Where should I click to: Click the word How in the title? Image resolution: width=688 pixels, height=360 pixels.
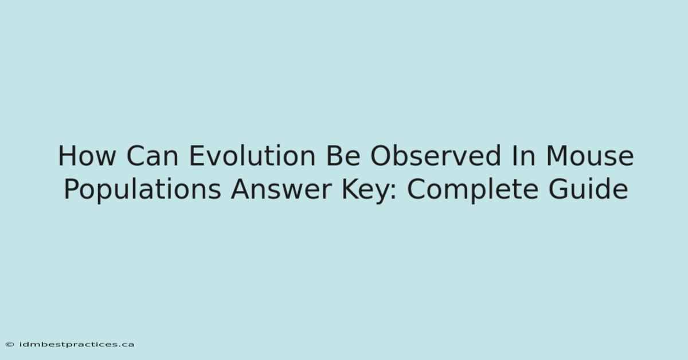(x=87, y=156)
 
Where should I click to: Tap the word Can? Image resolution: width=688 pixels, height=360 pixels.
(x=153, y=156)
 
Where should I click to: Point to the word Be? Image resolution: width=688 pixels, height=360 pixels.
(x=343, y=156)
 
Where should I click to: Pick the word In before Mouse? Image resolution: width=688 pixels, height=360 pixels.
(x=523, y=156)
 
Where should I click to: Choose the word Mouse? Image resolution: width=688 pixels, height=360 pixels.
(x=590, y=156)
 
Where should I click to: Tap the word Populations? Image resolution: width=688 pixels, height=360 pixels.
(x=143, y=190)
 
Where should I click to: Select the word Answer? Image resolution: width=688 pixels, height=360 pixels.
(x=282, y=189)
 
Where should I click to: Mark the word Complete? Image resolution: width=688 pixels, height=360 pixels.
(x=472, y=190)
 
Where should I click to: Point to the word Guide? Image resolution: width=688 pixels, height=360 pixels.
(x=588, y=188)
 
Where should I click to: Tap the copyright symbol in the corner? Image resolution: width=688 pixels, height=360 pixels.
(x=10, y=345)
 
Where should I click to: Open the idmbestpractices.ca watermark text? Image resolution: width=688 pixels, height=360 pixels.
(x=76, y=345)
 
